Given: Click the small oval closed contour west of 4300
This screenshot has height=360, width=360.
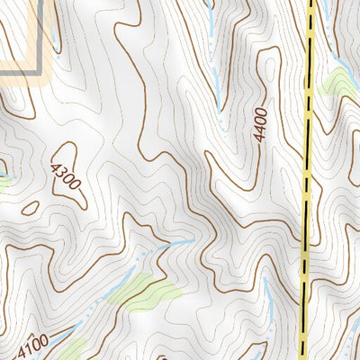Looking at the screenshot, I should point(30,208).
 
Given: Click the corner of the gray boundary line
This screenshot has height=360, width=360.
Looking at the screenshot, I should point(40,69).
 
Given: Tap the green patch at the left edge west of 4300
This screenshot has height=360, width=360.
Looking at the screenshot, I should point(4,182).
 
